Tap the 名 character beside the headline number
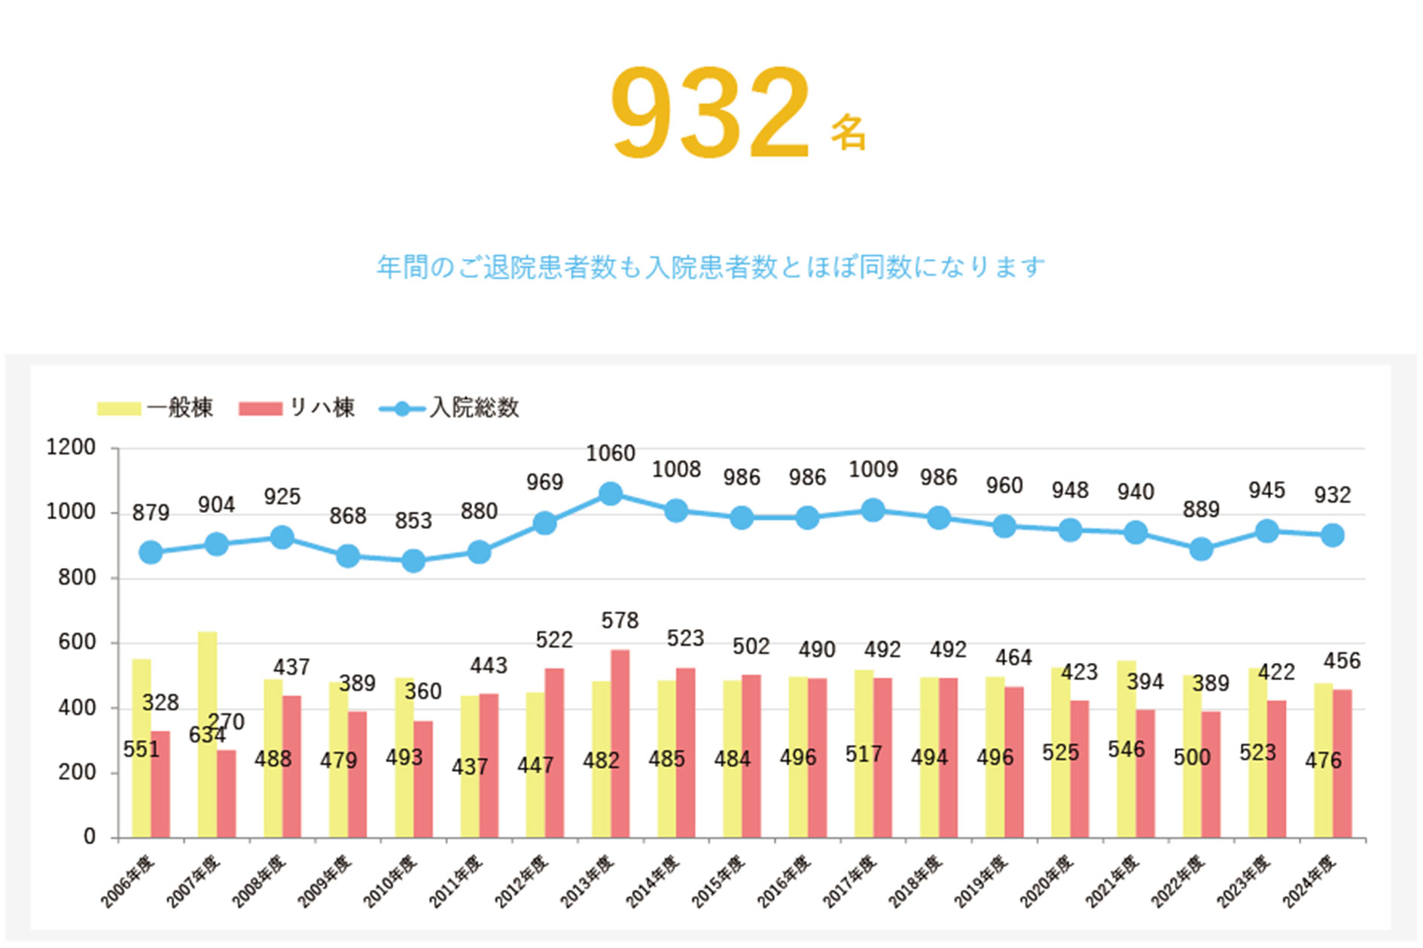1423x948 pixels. (x=849, y=133)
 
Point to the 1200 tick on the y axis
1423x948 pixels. (x=71, y=448)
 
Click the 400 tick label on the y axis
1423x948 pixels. (x=77, y=708)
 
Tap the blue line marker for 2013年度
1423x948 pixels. (x=611, y=494)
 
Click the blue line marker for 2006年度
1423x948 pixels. (x=151, y=552)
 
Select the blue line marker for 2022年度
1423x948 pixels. (x=1201, y=549)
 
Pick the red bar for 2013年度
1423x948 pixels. (x=620, y=743)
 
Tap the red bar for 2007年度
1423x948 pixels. (x=226, y=794)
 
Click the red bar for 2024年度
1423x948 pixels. (x=1342, y=763)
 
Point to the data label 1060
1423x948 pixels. (x=611, y=454)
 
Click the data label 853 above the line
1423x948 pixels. (x=413, y=521)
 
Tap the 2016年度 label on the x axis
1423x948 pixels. (x=785, y=882)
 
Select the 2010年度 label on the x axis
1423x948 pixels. (x=391, y=882)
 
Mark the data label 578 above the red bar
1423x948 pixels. (x=620, y=621)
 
